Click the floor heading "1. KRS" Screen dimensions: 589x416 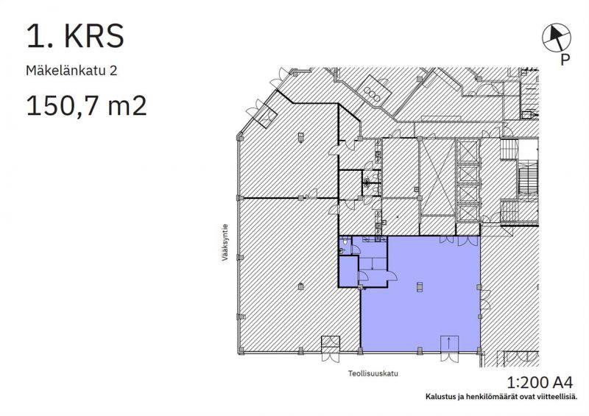point(75,36)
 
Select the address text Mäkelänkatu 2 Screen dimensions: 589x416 point(71,71)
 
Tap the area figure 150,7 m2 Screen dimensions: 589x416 point(86,105)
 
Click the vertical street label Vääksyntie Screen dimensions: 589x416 point(225,242)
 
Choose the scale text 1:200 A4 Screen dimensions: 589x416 point(540,383)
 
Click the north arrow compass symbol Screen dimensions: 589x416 point(557,38)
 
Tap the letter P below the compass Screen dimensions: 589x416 point(565,60)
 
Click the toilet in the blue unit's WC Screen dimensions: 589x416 point(342,250)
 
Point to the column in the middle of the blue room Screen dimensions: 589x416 point(420,286)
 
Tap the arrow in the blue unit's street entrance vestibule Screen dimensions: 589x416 point(450,342)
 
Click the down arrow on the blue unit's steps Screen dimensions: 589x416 point(372,264)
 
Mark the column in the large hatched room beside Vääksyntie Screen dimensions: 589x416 point(300,286)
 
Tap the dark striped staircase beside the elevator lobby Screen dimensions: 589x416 point(528,181)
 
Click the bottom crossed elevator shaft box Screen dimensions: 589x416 point(468,213)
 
